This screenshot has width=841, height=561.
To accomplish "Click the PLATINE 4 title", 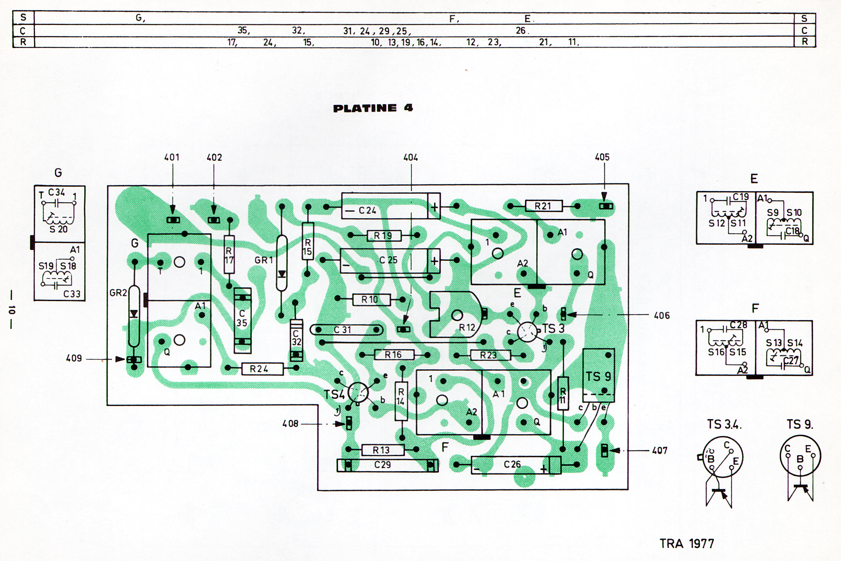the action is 373,108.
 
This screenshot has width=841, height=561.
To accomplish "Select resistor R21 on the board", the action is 544,206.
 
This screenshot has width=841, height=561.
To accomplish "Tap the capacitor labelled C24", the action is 391,206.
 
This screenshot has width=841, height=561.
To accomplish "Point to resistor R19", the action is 384,235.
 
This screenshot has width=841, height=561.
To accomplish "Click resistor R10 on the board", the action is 371,299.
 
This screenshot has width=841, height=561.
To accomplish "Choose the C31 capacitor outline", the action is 346,330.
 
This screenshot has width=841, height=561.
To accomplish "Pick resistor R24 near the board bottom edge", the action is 262,369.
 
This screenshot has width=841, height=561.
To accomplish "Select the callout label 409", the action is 74,358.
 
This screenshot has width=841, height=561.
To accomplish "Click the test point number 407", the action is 660,450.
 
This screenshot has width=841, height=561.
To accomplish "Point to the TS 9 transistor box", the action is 599,375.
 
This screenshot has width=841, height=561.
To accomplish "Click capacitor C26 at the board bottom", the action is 516,465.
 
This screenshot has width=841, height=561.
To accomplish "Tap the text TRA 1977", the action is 687,544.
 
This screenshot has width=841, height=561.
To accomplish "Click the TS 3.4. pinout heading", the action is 724,424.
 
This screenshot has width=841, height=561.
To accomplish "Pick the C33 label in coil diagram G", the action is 72,294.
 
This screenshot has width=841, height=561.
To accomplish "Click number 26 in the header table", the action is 521,30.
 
